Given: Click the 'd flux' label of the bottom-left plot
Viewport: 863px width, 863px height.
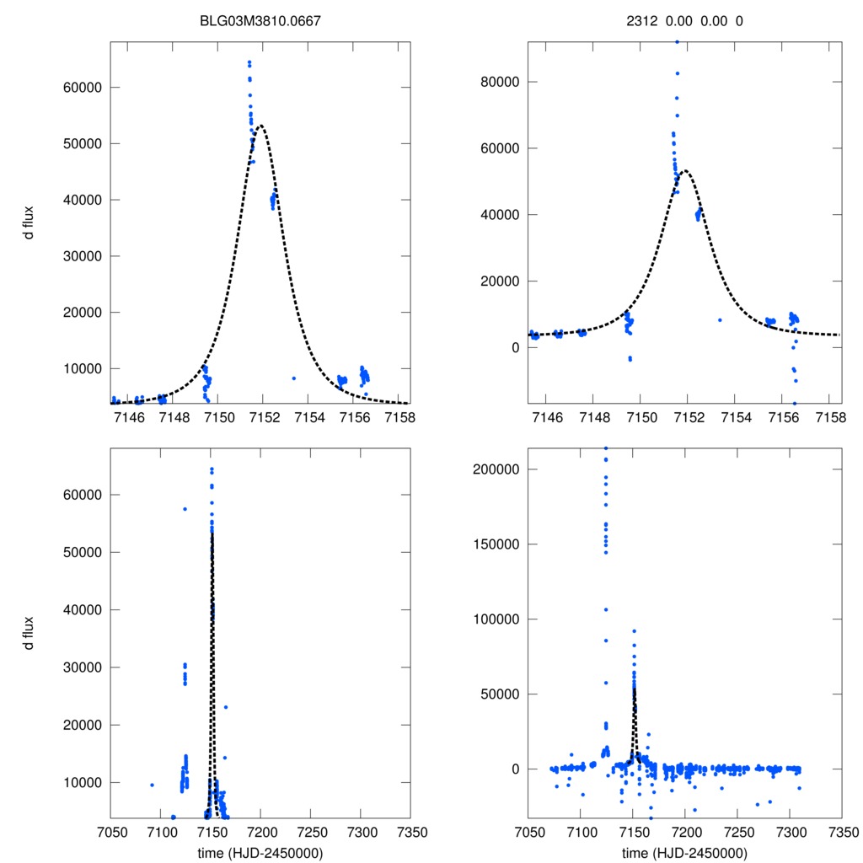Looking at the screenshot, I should coord(29,634).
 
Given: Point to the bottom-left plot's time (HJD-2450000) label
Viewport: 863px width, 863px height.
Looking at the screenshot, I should coord(260,853).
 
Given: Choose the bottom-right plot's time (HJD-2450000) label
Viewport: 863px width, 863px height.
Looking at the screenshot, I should coord(684,853).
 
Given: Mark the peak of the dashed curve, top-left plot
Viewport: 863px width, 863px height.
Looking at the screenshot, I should coord(261,126).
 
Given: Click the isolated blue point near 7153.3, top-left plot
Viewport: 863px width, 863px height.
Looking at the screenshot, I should coord(293,378).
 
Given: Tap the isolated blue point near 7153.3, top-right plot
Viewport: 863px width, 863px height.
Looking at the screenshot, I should coord(720,319).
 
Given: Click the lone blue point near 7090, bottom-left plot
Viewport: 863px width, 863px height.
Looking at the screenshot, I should coord(152,785).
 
